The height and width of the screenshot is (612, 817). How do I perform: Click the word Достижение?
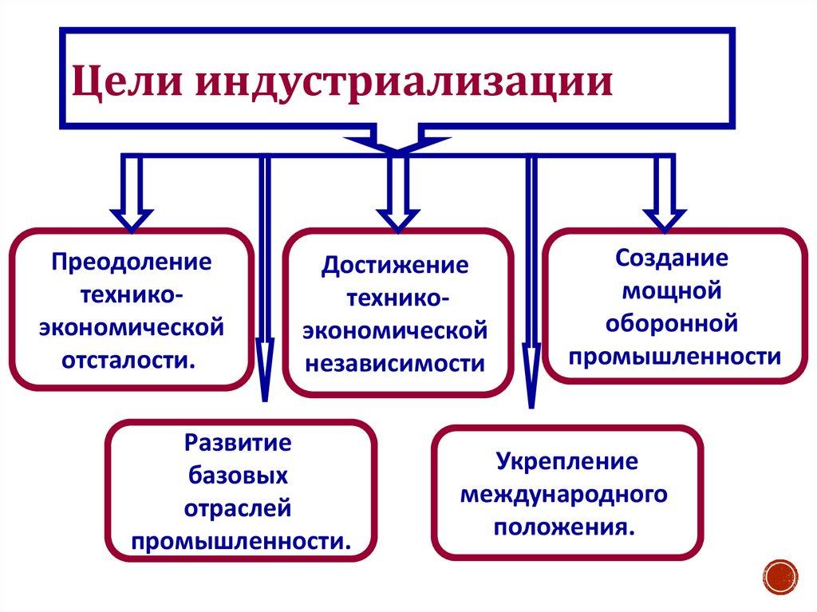(x=396, y=265)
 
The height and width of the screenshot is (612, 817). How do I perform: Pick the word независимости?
(x=396, y=363)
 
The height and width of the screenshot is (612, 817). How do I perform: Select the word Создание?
(x=672, y=259)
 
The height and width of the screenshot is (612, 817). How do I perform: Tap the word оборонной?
(x=672, y=323)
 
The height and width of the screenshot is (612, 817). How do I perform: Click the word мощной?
(x=672, y=290)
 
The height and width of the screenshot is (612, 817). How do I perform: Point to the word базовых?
(x=239, y=476)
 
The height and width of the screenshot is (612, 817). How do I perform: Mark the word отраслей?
(x=239, y=508)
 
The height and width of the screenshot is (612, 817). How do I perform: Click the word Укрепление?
(x=567, y=461)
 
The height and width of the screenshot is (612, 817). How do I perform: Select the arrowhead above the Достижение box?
(x=397, y=219)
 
